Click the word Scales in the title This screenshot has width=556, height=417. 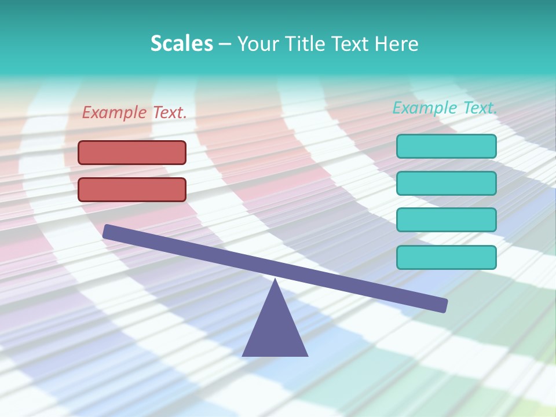click(182, 43)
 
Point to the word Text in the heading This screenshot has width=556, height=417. click(354, 43)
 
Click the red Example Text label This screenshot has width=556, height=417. click(134, 112)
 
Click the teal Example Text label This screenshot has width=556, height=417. click(445, 108)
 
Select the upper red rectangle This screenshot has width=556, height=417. click(132, 152)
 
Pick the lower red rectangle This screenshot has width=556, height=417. click(132, 189)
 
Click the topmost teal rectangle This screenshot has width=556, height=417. click(446, 146)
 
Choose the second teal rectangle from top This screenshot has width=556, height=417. click(446, 183)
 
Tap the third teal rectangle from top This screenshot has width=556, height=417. click(446, 220)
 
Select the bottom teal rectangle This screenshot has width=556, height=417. click(446, 257)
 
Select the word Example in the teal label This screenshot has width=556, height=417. click(425, 108)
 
